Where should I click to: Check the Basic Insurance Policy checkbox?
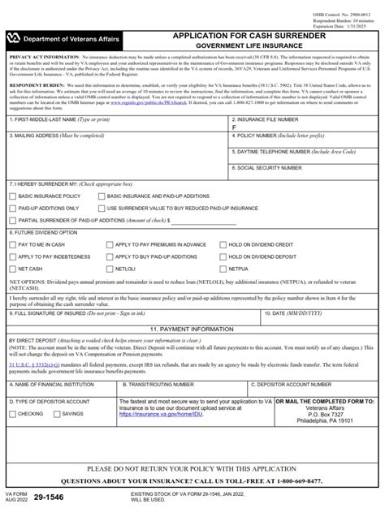[x=11, y=196]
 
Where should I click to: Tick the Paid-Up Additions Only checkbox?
[x=11, y=208]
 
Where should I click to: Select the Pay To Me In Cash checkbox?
[x=11, y=243]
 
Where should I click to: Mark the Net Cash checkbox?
[x=11, y=267]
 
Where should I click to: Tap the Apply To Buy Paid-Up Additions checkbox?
[x=109, y=256]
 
